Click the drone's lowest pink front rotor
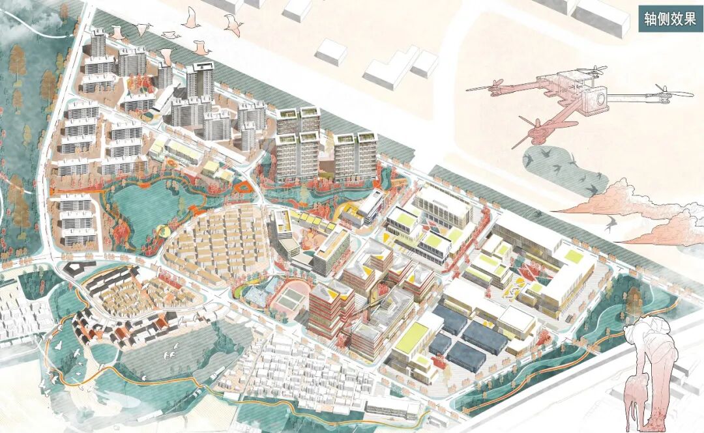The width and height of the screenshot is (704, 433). tap(536, 135)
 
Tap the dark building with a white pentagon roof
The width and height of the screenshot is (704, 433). tap(73, 268)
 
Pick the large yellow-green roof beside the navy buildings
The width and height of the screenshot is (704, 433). tap(410, 341)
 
